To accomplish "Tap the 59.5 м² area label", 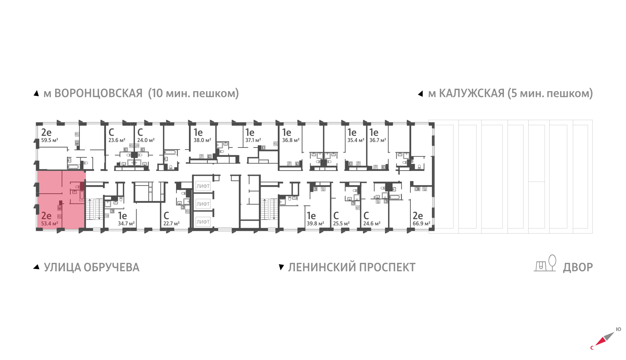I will pyautogui.click(x=50, y=140).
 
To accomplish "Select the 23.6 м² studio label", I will pyautogui.click(x=117, y=140).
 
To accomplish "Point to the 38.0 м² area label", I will pyautogui.click(x=202, y=140).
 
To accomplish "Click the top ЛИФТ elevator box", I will pyautogui.click(x=203, y=186).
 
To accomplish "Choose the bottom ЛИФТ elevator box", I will pyautogui.click(x=203, y=222).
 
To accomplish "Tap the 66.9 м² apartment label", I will pyautogui.click(x=421, y=223).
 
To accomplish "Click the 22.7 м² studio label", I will pyautogui.click(x=171, y=223).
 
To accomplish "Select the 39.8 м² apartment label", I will pyautogui.click(x=315, y=223).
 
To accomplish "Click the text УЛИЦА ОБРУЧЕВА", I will pyautogui.click(x=91, y=267).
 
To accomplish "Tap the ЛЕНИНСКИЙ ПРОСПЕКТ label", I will pyautogui.click(x=351, y=267).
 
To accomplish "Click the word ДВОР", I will pyautogui.click(x=577, y=267).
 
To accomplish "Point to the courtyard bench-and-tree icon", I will pyautogui.click(x=545, y=263).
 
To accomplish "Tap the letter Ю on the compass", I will pyautogui.click(x=618, y=329).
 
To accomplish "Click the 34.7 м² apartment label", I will pyautogui.click(x=126, y=223).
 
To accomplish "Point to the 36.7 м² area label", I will pyautogui.click(x=378, y=140).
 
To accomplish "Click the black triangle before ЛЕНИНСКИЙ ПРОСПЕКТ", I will pyautogui.click(x=281, y=267).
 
